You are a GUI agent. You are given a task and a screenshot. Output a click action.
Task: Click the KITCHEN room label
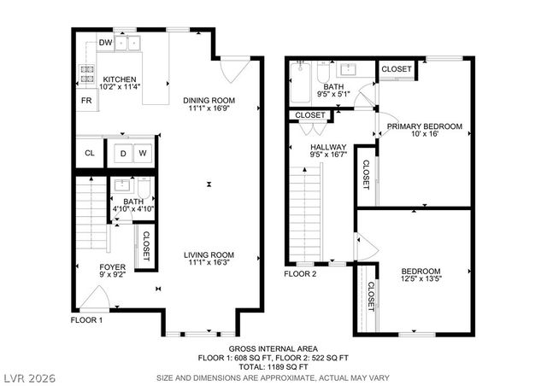point(118,79)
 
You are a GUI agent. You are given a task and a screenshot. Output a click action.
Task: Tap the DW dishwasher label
point(106,42)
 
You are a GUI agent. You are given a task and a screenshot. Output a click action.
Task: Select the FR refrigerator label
point(86,101)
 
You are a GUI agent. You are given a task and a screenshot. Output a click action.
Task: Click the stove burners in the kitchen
point(87,74)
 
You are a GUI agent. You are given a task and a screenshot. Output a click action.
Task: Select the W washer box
point(143,154)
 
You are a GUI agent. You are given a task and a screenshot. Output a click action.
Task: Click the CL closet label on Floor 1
point(89,154)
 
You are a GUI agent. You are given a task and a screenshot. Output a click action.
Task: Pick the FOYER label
point(112,267)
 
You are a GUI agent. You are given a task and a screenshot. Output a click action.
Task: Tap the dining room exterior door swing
point(234,68)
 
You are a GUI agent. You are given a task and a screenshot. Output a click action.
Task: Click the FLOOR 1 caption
point(86,320)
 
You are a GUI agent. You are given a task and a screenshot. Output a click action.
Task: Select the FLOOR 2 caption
point(300,273)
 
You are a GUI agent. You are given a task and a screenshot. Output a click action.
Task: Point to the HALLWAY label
point(327,147)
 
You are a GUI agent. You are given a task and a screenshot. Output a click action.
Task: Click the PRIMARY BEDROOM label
point(424,126)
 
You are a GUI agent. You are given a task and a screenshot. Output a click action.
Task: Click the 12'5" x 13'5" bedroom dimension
point(421,278)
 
